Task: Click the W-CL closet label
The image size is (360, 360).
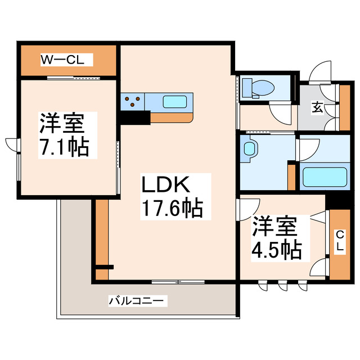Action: pos(62,60)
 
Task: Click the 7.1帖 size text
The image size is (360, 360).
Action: pos(63,147)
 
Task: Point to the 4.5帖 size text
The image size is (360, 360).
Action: pos(276,248)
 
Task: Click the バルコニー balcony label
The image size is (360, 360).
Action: pos(137,301)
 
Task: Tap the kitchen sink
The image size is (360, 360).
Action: pos(176,101)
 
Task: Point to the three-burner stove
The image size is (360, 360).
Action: pos(133,101)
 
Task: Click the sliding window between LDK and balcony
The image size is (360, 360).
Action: pos(177,281)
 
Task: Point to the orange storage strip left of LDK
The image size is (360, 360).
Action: pos(101,239)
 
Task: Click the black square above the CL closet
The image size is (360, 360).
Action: pos(339,199)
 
